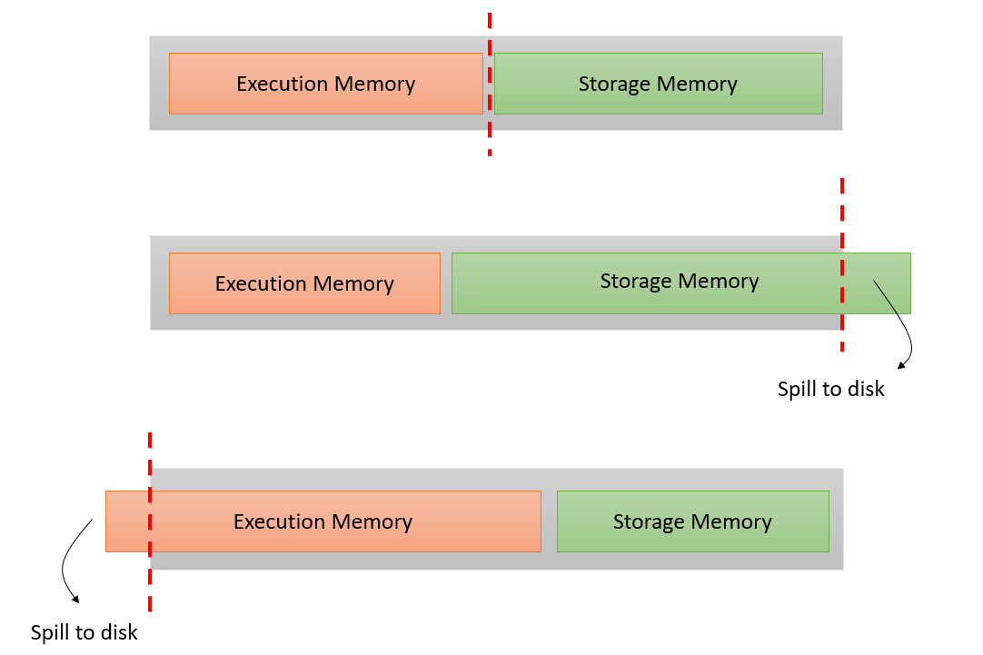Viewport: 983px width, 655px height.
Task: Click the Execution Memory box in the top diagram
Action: click(x=325, y=84)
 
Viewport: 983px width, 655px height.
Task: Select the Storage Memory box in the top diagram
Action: click(x=658, y=84)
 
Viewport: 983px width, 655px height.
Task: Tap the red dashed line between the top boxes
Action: click(x=490, y=136)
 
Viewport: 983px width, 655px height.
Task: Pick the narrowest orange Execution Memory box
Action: click(x=304, y=283)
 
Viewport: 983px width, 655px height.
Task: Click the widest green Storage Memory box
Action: click(x=680, y=283)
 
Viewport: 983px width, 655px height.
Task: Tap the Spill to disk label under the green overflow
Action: click(x=830, y=389)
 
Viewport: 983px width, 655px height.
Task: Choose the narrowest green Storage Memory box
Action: click(x=692, y=521)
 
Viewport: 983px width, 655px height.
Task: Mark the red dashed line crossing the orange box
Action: click(x=150, y=581)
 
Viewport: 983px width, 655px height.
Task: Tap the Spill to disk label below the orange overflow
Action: click(x=84, y=632)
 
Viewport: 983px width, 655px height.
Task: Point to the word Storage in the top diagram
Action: click(x=614, y=84)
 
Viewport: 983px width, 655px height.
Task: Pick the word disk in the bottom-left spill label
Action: click(x=119, y=632)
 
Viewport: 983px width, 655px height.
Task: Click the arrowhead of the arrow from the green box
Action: click(x=901, y=365)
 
